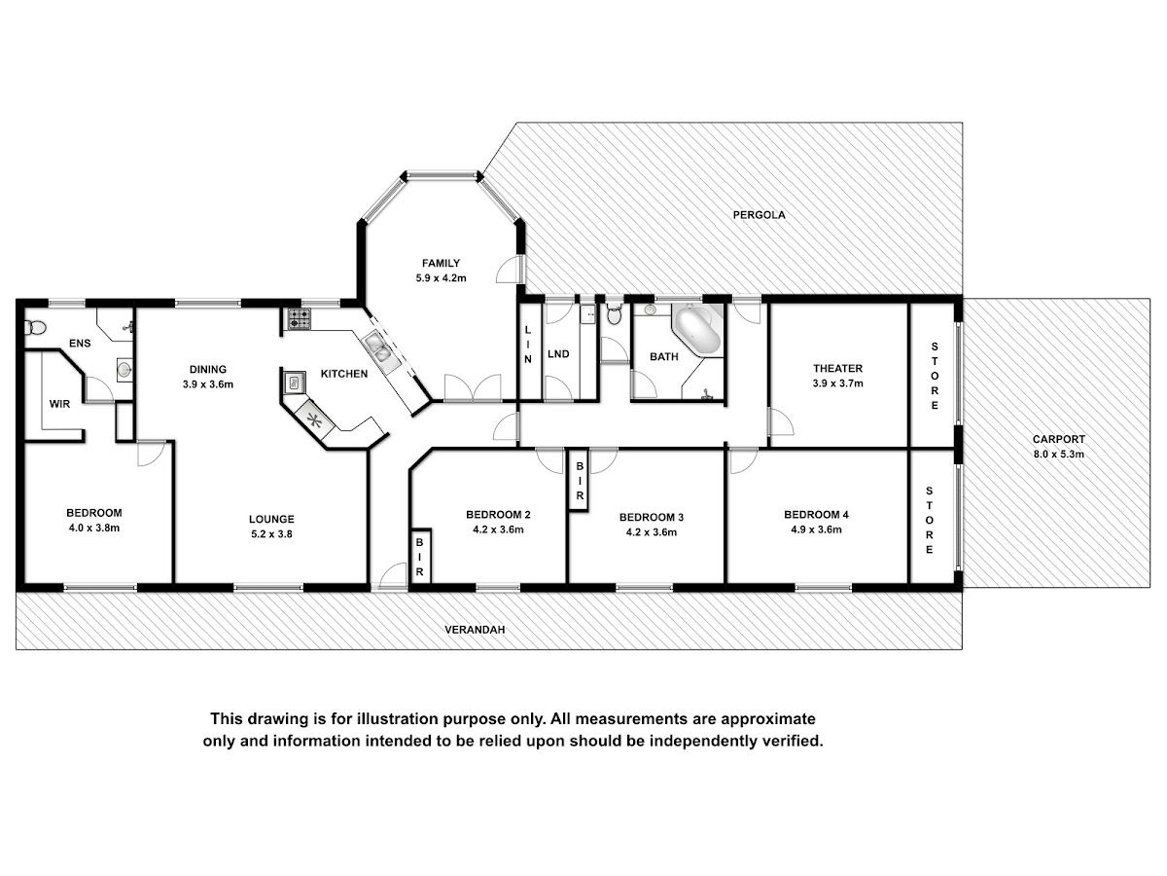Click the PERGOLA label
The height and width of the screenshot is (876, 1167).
click(x=759, y=215)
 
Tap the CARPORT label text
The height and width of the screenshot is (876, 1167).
click(x=1058, y=439)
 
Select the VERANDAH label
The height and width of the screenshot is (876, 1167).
click(x=475, y=630)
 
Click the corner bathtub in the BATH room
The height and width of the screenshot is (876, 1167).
click(x=696, y=330)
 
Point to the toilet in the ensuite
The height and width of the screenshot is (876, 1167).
click(x=35, y=327)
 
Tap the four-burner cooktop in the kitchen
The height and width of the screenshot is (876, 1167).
click(x=300, y=319)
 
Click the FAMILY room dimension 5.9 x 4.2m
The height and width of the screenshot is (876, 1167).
click(x=441, y=278)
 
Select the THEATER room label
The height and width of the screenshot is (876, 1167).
click(x=837, y=368)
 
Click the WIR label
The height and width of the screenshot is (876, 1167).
click(x=59, y=404)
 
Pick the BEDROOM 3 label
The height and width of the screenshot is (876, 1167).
click(x=652, y=517)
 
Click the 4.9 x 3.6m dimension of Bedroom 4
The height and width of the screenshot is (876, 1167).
click(x=816, y=529)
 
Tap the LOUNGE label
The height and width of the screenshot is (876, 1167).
click(x=271, y=519)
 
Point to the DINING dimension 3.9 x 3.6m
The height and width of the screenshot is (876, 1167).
click(x=208, y=384)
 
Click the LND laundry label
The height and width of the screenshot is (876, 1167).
click(x=558, y=354)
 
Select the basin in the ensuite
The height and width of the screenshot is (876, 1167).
click(x=124, y=369)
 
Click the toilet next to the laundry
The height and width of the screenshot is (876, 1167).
click(x=614, y=314)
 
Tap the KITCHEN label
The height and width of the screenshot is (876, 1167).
click(x=344, y=374)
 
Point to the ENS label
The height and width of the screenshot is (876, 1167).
click(x=80, y=344)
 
